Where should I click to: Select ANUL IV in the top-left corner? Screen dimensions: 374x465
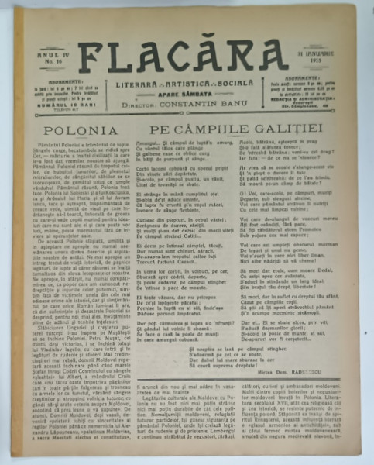[52, 53]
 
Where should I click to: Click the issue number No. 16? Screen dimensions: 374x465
[52, 60]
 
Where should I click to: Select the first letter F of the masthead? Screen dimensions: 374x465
[94, 57]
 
